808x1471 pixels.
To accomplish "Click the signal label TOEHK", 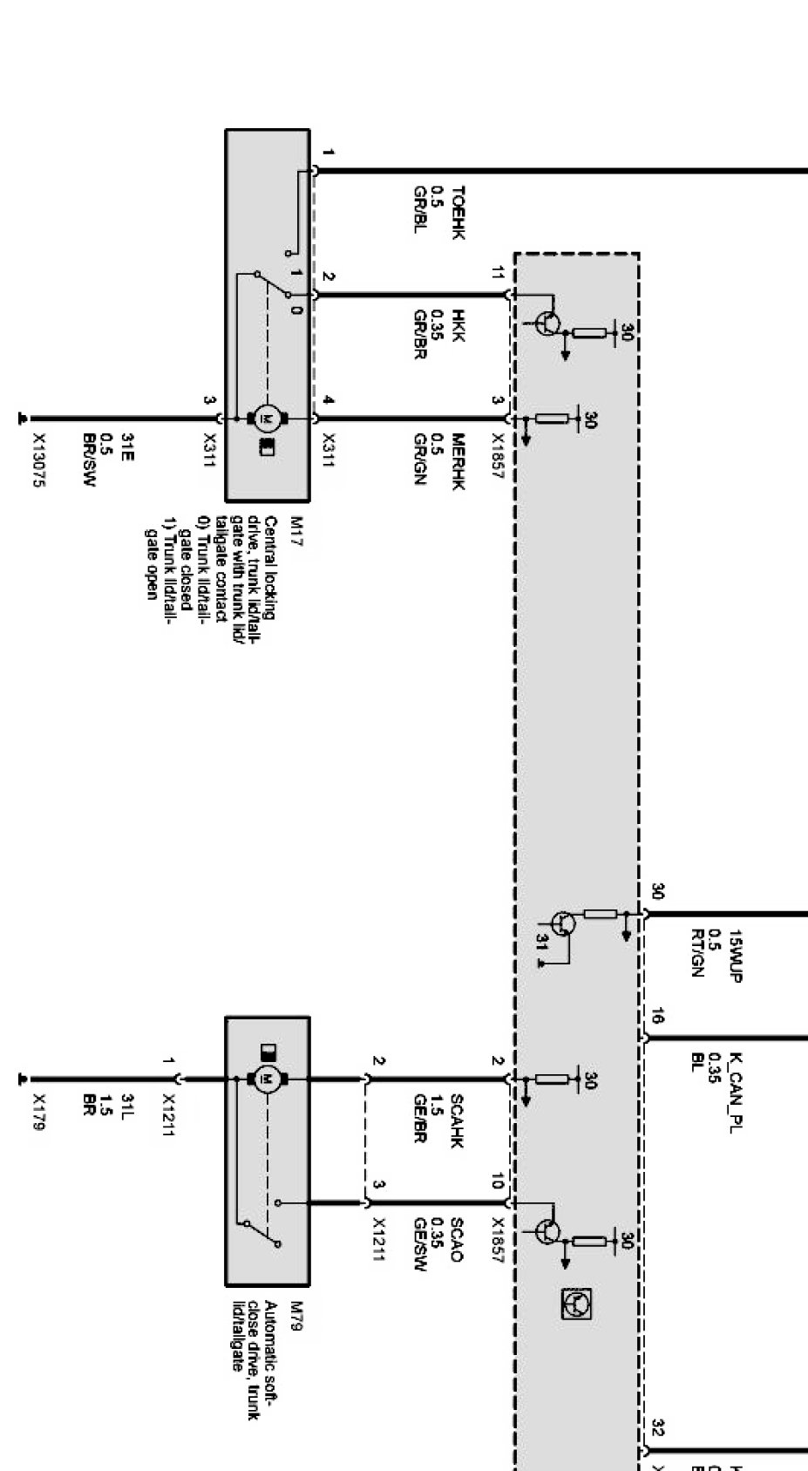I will coord(458,213).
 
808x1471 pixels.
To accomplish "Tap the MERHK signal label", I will coord(458,462).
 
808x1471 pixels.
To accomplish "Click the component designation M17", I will coord(296,526).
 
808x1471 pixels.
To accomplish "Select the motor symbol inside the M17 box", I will coord(267,419).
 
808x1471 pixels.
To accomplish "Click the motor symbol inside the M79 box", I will coord(267,1079).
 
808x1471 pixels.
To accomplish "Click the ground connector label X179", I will coord(39,1113).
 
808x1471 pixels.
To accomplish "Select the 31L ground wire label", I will coord(127,1107).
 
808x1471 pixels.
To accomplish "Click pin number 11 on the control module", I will coord(498,273).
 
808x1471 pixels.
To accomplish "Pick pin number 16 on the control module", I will coord(657,1016).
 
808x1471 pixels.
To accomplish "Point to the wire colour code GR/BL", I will coord(419,210).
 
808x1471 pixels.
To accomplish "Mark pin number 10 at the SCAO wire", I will coord(498,1182).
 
